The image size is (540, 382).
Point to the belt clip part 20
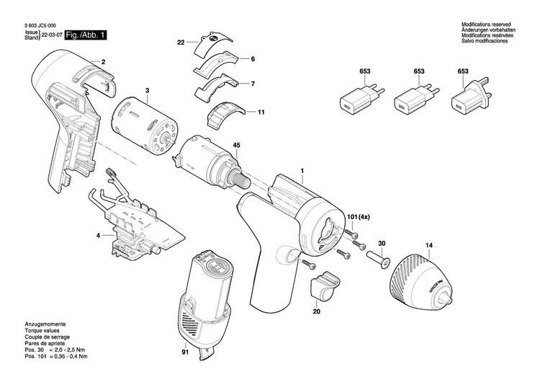pos(325,283)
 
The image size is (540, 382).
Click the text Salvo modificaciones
pos(487,42)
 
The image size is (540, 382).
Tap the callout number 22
pos(181,43)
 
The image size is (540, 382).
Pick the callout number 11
pos(261,112)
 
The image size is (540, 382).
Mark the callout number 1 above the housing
pos(302,171)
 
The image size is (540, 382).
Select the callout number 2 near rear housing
pos(103,62)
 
